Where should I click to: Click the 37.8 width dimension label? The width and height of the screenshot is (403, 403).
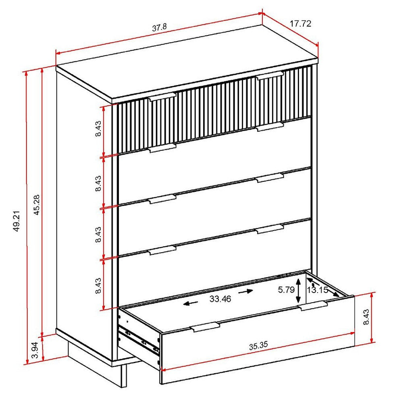pyautogui.click(x=160, y=27)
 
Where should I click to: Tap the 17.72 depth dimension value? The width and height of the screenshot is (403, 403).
pyautogui.click(x=301, y=24)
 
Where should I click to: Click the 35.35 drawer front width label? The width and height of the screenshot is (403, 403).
pyautogui.click(x=258, y=346)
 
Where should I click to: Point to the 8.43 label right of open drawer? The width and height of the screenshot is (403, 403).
pyautogui.click(x=366, y=318)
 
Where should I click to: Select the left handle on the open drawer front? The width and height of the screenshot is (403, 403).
pyautogui.click(x=206, y=326)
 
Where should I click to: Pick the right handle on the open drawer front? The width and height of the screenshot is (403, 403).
pyautogui.click(x=314, y=307)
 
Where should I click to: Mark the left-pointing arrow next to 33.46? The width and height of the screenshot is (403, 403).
pyautogui.click(x=191, y=304)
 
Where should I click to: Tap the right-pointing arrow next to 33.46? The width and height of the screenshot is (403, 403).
pyautogui.click(x=246, y=291)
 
